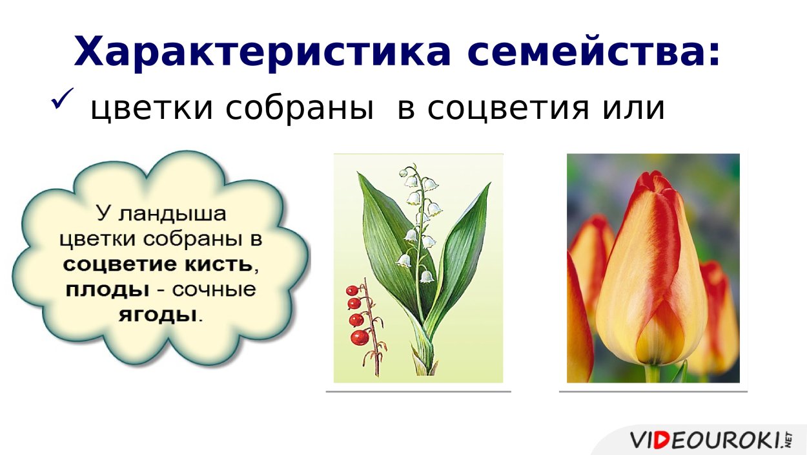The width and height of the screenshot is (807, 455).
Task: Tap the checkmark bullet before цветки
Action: click(64, 99)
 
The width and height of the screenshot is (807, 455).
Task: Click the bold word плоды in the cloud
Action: click(103, 290)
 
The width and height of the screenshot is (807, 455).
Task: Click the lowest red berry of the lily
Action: click(360, 337)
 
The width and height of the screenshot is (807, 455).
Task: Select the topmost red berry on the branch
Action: click(351, 290)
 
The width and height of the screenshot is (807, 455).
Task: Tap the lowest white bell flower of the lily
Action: click(427, 277)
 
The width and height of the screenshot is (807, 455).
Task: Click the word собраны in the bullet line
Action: click(296, 109)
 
